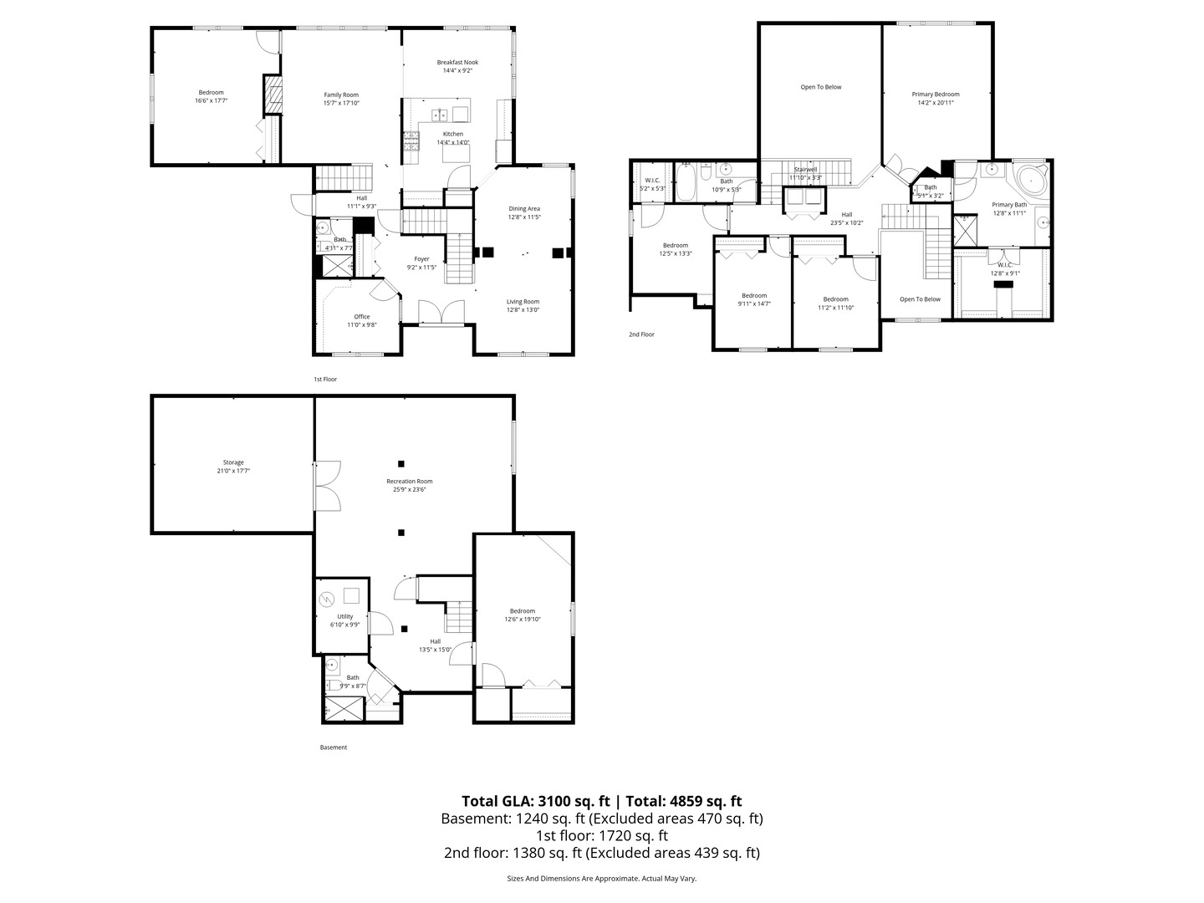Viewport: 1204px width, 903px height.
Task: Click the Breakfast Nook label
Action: (x=457, y=62)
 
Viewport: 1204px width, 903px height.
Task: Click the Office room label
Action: (x=361, y=317)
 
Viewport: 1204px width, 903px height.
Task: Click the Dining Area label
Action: (x=524, y=208)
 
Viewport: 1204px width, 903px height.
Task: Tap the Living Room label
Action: (x=523, y=301)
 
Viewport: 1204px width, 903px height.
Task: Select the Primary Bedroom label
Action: (x=935, y=94)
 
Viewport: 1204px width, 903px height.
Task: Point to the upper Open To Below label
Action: (x=820, y=87)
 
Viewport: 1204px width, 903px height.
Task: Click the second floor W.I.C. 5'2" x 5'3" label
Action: (x=652, y=180)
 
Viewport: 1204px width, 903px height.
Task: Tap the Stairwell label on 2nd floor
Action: (x=805, y=169)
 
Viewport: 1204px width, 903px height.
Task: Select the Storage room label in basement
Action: (x=233, y=462)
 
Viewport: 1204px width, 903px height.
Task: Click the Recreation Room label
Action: (x=409, y=481)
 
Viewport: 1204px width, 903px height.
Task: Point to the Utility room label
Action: (x=344, y=616)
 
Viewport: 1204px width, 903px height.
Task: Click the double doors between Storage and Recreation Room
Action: (x=327, y=486)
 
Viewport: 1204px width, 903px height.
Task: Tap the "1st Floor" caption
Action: (x=324, y=379)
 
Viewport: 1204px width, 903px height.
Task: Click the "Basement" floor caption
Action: (x=333, y=747)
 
